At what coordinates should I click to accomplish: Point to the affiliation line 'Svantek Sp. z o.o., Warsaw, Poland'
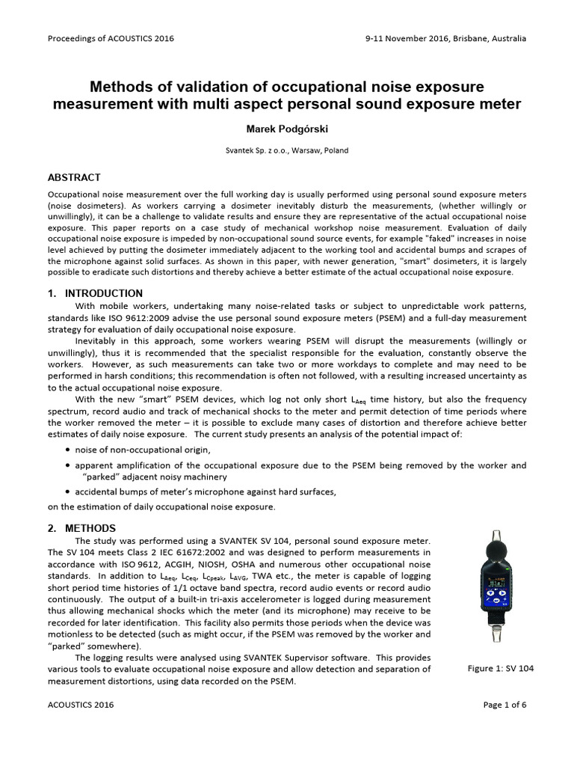[287, 150]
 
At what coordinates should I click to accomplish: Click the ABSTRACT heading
[74, 178]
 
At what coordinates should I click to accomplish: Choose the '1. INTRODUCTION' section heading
[95, 293]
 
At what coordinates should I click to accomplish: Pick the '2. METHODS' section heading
[81, 527]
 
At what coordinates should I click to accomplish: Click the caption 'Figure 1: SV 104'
[499, 668]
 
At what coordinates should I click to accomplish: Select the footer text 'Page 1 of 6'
[504, 704]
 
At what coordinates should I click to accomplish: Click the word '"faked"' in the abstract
[404, 237]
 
